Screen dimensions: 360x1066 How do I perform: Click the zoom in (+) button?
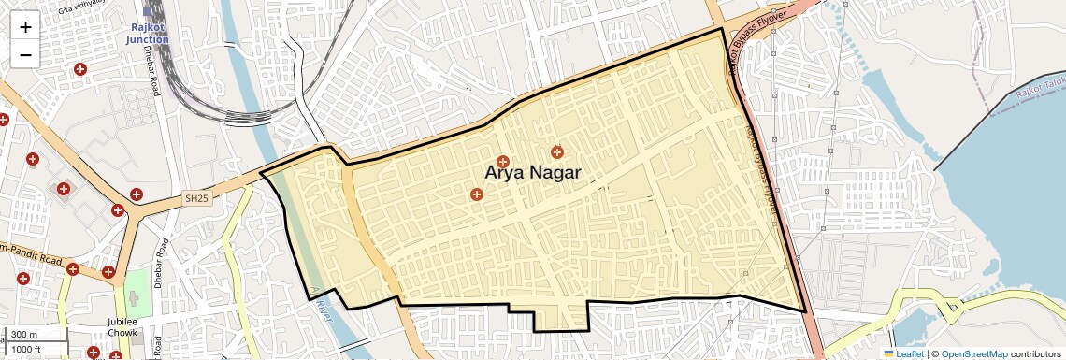[x=25, y=27]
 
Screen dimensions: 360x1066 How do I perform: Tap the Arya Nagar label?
[x=532, y=173]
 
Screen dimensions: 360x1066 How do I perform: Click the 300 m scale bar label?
[x=24, y=335]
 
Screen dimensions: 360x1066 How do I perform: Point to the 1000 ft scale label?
[x=26, y=349]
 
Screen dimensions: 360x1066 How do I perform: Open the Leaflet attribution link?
[x=903, y=353]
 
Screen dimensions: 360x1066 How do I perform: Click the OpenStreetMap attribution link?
[x=973, y=353]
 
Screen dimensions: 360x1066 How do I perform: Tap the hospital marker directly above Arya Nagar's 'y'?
[x=502, y=162]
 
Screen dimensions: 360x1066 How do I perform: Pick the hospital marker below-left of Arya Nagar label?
[x=477, y=194]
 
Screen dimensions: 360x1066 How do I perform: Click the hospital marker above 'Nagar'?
[x=557, y=151]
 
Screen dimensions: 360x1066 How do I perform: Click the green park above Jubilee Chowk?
[x=137, y=290]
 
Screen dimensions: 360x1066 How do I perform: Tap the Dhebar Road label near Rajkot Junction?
[x=156, y=73]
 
